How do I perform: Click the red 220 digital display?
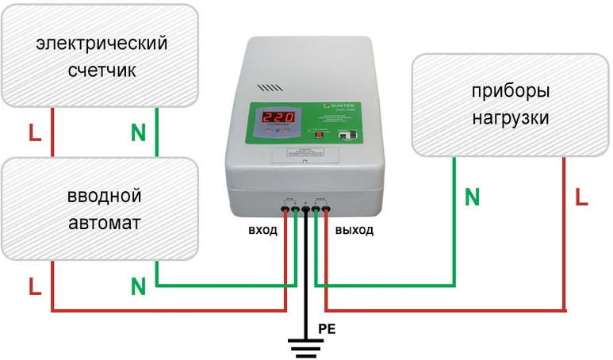(x=278, y=118)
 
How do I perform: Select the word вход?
(x=262, y=231)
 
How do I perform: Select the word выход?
(x=354, y=231)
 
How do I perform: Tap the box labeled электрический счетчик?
(x=102, y=56)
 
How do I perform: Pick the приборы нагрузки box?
(x=508, y=104)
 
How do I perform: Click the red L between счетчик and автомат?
(x=35, y=132)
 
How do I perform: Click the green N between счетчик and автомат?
(x=138, y=132)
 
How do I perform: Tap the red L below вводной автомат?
(x=35, y=285)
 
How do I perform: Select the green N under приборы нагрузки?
(x=473, y=197)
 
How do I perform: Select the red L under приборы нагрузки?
(x=581, y=197)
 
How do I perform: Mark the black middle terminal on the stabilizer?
(x=306, y=210)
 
